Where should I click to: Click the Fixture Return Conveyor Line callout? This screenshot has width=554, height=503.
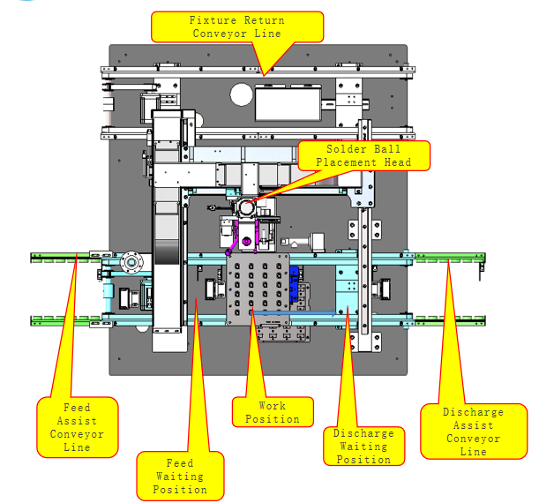coord(237,26)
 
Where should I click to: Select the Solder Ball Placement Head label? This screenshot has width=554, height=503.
coord(364,156)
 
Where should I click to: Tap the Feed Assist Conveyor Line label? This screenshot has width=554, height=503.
coord(78,427)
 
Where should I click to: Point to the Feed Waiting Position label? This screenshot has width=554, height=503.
coord(180,477)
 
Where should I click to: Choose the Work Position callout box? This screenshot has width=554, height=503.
coord(273,412)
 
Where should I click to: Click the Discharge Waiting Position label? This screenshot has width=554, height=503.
coord(364,447)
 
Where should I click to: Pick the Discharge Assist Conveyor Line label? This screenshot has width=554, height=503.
coord(474,432)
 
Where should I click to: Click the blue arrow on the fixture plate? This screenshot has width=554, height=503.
coord(294,312)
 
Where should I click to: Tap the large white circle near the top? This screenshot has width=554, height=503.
coord(242,94)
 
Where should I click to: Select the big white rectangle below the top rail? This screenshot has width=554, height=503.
coord(288,104)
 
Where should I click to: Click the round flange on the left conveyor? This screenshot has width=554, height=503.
coord(131,262)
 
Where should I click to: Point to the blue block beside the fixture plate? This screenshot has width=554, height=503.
coord(294,282)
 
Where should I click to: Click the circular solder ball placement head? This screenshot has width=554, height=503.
coord(247,207)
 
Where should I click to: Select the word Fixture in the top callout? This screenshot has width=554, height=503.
coord(213,20)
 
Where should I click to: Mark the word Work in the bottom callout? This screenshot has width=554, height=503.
coord(272,406)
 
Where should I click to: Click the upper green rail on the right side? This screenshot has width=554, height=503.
coord(449,258)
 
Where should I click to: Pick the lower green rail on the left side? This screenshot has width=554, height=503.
coord(66,320)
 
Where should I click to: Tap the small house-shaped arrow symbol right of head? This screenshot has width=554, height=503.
coord(294,244)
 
